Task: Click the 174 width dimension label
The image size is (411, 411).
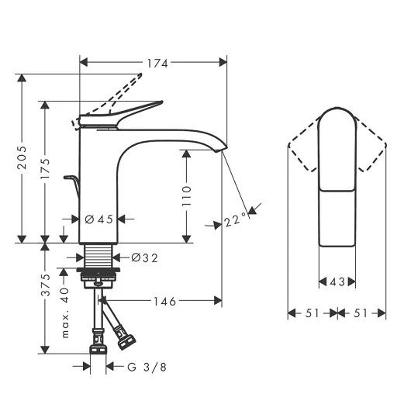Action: tap(157, 63)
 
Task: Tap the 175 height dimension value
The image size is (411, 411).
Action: tap(45, 168)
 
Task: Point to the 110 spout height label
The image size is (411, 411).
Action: tap(187, 195)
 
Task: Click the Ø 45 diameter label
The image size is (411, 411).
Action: tap(99, 219)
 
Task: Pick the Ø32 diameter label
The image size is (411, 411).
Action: tap(145, 258)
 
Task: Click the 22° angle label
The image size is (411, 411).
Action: tap(235, 219)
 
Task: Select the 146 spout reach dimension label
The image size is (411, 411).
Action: tap(165, 302)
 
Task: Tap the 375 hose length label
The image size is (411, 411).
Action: tap(46, 285)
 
